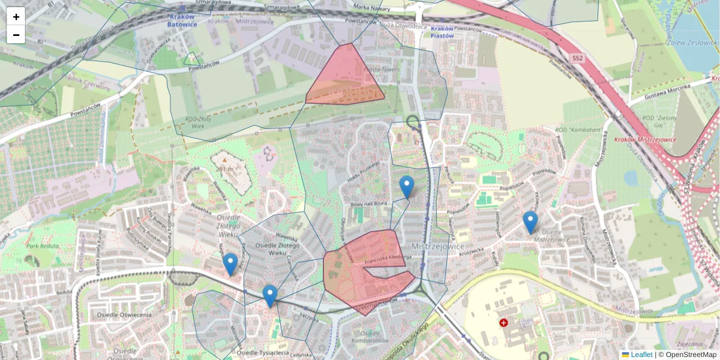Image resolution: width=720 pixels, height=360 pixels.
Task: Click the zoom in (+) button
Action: pos(16,17)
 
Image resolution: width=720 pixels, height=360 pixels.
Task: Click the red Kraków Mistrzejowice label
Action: pos(645,140)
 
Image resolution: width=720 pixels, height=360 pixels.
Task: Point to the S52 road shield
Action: pos(577,58)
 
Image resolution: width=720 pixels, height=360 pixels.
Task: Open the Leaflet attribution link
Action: pos(641,355)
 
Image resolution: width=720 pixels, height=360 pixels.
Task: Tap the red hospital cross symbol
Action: pos(503,322)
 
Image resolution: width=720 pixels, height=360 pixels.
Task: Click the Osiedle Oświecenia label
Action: pos(123,315)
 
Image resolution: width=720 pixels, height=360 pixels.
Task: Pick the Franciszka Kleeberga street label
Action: pos(387,258)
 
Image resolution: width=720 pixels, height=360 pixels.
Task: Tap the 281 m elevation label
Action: pos(226,169)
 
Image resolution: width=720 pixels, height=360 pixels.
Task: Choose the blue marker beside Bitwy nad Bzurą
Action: pos(407,187)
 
